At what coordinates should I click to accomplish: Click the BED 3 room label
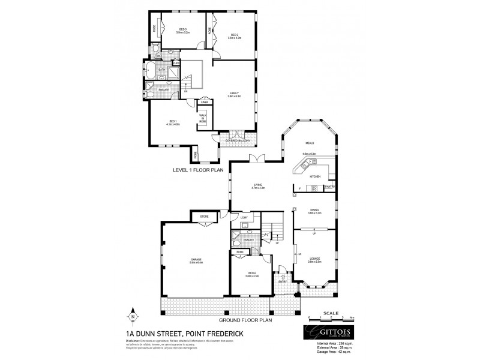point(183,29)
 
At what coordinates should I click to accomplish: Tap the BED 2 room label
point(234,35)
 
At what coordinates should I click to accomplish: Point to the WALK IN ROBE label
point(203,116)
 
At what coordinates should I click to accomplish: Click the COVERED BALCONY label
point(238,140)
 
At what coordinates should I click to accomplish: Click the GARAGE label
point(196,259)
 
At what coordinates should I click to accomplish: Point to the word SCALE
point(331,312)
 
